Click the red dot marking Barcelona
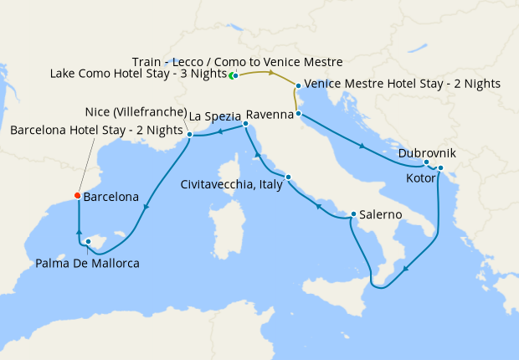(78, 197)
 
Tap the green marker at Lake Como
(234, 76)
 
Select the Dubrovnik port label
(428, 153)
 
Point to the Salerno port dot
(353, 214)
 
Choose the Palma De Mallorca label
(88, 263)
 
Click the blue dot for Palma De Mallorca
(88, 242)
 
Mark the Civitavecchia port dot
(289, 177)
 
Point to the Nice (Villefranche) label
(134, 112)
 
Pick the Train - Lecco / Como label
(238, 61)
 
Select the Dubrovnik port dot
(427, 162)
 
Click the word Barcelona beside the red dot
(111, 198)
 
